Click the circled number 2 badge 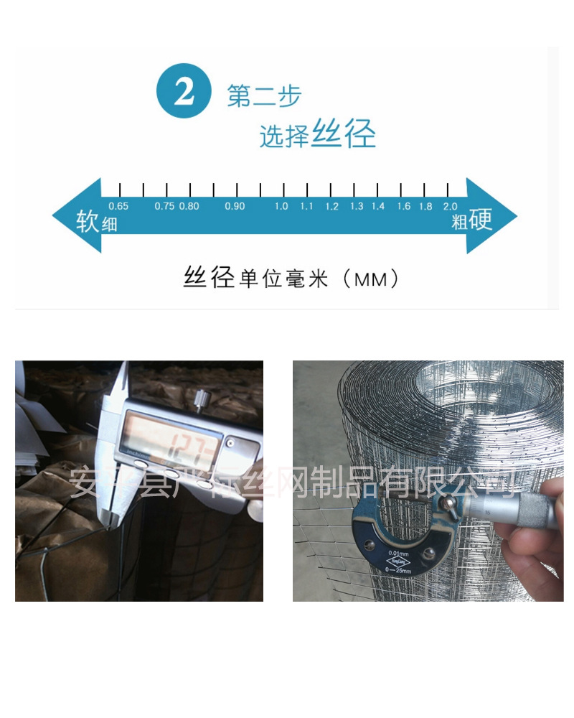[184, 93]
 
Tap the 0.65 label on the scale [118, 206]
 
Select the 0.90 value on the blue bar [235, 206]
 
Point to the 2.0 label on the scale [450, 206]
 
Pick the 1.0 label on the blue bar [281, 206]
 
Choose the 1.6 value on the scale [404, 206]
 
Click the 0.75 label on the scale [164, 206]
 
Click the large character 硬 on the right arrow [481, 220]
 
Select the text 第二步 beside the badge [264, 96]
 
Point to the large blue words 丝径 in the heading [344, 134]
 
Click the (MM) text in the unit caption [371, 279]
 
